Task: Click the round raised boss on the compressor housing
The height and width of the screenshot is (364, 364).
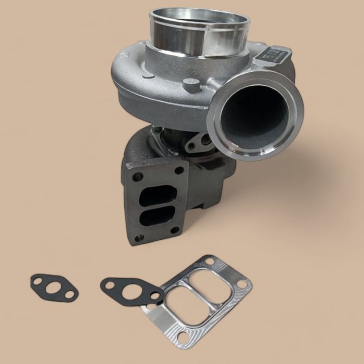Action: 191,84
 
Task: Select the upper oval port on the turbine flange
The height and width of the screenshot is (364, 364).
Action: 158,196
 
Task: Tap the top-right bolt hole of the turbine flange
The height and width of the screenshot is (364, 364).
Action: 179,170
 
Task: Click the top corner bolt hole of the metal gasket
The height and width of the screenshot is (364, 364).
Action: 210,260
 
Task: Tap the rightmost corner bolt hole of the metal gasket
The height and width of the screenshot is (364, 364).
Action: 243,284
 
